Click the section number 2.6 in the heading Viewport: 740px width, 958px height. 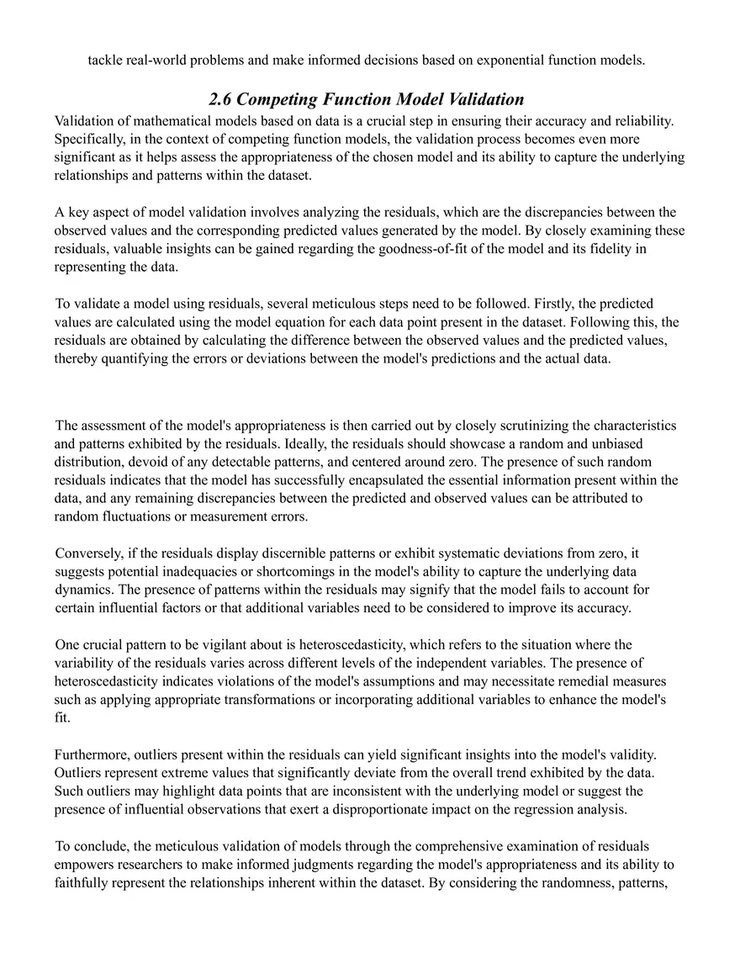tap(221, 99)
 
